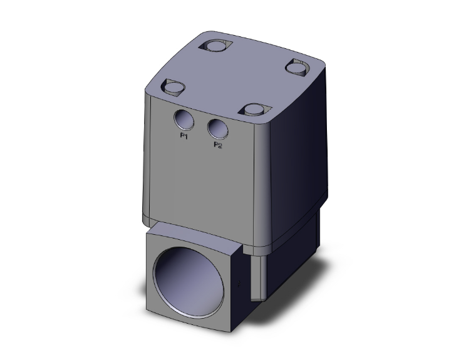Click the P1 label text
(184, 135)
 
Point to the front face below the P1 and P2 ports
(200, 182)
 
